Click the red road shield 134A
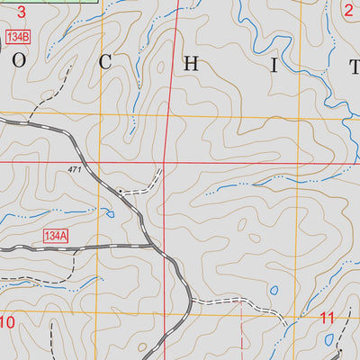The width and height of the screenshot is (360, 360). coord(55,236)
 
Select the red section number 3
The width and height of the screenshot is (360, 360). coord(20,13)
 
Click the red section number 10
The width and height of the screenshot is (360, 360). coord(8,322)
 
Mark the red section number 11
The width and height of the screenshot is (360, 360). coord(328,318)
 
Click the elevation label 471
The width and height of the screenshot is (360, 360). coord(74,170)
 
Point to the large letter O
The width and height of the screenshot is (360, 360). coord(20,62)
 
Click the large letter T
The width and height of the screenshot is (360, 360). coord(354,63)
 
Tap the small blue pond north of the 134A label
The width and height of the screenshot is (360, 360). coord(108,213)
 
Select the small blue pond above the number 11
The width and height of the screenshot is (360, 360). coord(274,291)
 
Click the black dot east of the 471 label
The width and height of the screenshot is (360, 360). coord(120,190)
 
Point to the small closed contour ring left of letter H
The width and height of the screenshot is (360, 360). coord(161,66)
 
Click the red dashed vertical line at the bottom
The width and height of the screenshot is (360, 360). coord(242,337)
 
